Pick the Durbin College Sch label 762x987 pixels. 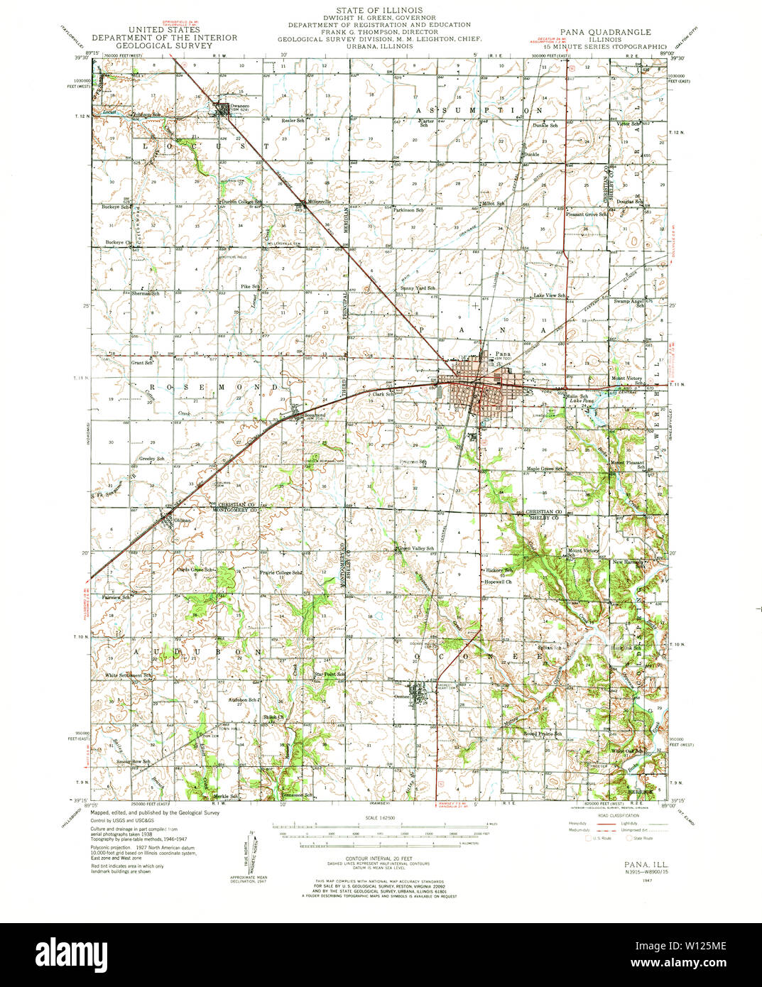coord(245,202)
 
